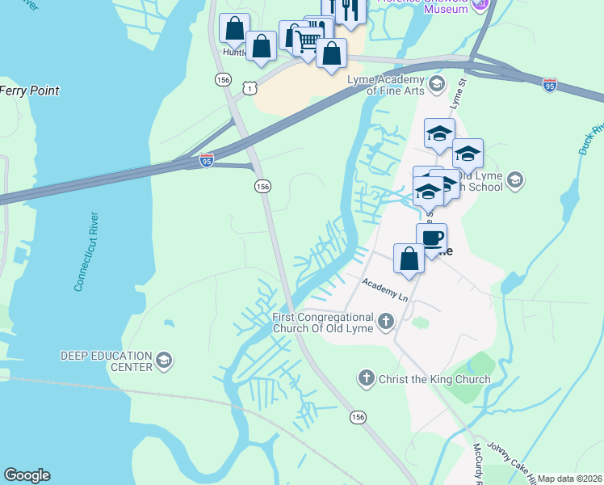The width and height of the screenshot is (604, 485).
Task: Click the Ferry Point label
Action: click(x=29, y=91)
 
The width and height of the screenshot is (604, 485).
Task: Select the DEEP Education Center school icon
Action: click(x=164, y=361)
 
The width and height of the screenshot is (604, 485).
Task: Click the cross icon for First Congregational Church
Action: click(x=386, y=322)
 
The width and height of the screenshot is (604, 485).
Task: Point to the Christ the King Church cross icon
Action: click(x=366, y=378)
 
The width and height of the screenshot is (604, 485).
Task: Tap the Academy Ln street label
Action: click(x=386, y=291)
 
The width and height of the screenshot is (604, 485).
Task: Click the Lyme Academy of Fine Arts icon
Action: click(x=437, y=84)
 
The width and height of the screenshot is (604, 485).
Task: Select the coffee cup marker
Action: click(x=431, y=238)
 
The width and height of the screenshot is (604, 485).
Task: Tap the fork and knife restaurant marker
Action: click(x=348, y=10)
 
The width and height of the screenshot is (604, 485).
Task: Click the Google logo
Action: click(x=27, y=475)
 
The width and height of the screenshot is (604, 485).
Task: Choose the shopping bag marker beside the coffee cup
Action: click(x=409, y=259)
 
